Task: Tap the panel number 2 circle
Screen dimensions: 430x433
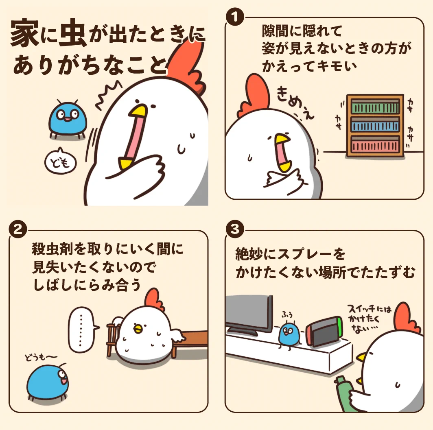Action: point(18,229)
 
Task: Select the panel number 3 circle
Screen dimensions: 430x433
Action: point(235,229)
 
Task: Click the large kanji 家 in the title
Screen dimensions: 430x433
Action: point(23,35)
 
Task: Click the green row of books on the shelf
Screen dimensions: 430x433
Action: point(375,108)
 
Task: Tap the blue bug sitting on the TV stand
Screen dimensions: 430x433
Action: point(290,333)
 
